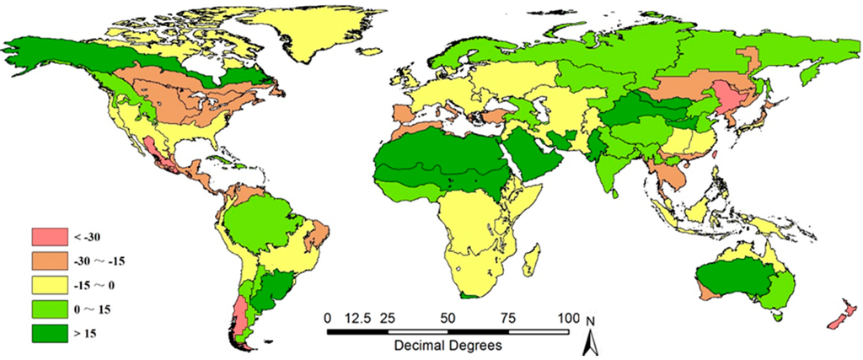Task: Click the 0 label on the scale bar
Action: click(x=327, y=318)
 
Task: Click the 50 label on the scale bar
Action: click(x=448, y=318)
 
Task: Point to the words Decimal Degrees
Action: click(x=448, y=346)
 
